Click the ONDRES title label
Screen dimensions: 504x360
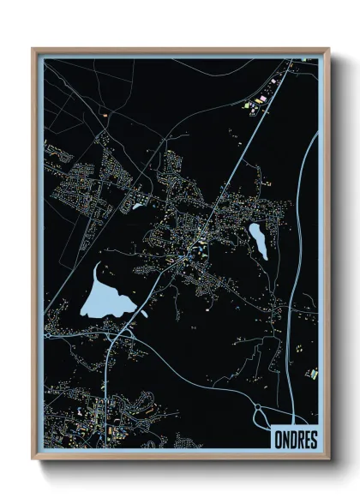click(x=296, y=438)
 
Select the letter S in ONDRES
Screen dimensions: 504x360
click(x=313, y=438)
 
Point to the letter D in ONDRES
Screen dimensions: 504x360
click(x=293, y=438)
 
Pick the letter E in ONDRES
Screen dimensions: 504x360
click(x=306, y=438)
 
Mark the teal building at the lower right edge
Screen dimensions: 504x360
click(x=313, y=373)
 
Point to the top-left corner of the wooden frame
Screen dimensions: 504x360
click(x=33, y=50)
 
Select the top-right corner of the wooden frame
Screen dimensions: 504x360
click(x=327, y=50)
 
